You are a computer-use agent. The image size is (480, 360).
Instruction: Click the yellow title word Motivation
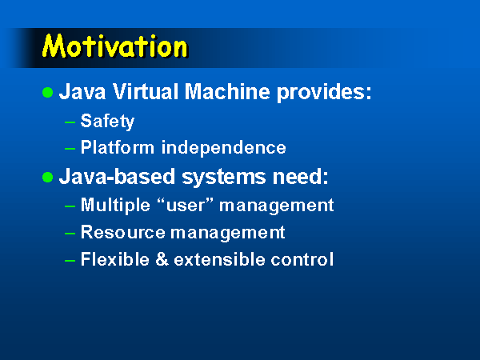[115, 46]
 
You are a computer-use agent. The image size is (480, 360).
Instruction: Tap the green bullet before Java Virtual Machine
[48, 92]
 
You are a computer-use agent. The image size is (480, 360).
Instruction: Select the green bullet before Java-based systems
[48, 177]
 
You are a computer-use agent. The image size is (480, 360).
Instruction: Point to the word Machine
[227, 91]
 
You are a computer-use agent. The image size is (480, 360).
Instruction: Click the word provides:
[324, 93]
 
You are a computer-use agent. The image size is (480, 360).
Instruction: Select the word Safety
[107, 122]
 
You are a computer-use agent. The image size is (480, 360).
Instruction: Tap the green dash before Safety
[70, 122]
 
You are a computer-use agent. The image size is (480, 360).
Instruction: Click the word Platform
[118, 147]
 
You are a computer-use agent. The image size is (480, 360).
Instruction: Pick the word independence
[224, 148]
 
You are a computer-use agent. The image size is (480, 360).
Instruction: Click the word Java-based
[117, 176]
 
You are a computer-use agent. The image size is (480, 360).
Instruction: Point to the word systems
[224, 178]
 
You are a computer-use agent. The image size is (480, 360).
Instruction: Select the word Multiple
[115, 205]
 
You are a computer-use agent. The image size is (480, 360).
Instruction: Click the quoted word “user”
[185, 205]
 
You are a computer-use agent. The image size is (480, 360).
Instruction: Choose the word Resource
[123, 232]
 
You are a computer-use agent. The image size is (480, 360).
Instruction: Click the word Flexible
[115, 259]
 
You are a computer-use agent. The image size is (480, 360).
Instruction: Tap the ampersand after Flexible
[162, 259]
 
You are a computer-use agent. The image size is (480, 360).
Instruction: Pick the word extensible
[219, 259]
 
